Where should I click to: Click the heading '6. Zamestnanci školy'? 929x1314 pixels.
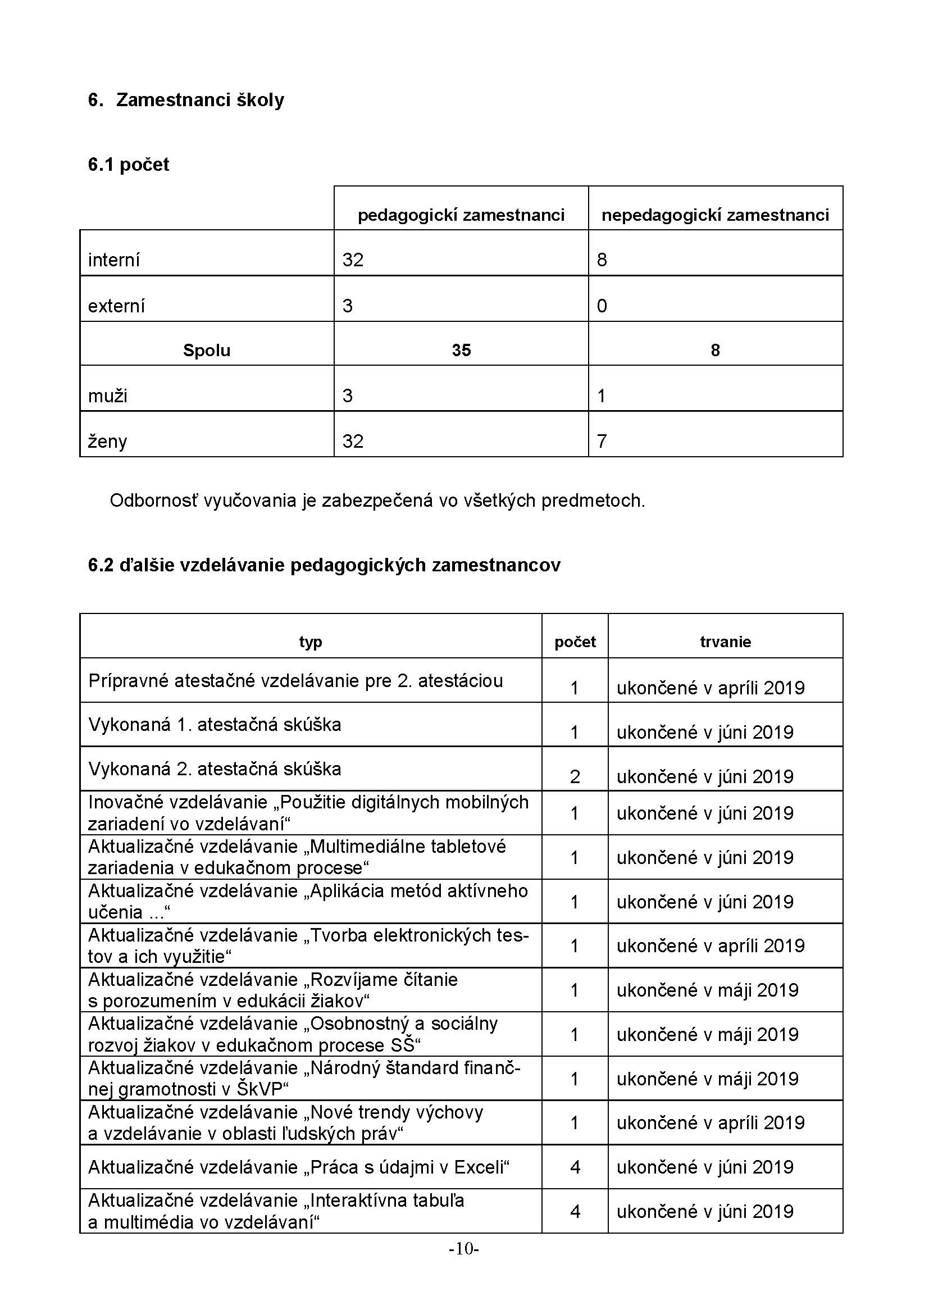pyautogui.click(x=186, y=100)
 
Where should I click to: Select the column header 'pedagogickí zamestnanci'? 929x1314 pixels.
pyautogui.click(x=461, y=215)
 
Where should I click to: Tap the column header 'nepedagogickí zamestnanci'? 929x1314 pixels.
pyautogui.click(x=715, y=215)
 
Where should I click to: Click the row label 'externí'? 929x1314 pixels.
pyautogui.click(x=116, y=306)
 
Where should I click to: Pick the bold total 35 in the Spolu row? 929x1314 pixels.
pyautogui.click(x=461, y=350)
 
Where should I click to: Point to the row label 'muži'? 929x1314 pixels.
pyautogui.click(x=107, y=395)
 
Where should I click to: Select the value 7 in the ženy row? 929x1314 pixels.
pyautogui.click(x=602, y=440)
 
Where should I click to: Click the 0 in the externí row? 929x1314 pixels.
pyautogui.click(x=602, y=306)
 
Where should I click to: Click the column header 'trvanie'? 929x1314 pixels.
pyautogui.click(x=725, y=642)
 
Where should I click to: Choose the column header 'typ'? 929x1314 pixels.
pyautogui.click(x=311, y=642)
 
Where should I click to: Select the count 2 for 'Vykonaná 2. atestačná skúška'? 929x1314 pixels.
pyautogui.click(x=575, y=776)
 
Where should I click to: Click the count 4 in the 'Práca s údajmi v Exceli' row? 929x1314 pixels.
pyautogui.click(x=575, y=1167)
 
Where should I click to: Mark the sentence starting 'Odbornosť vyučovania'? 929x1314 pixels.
pyautogui.click(x=377, y=501)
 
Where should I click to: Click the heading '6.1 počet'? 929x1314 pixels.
pyautogui.click(x=129, y=165)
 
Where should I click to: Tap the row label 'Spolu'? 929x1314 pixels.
pyautogui.click(x=207, y=350)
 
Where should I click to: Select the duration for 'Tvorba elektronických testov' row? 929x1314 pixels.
pyautogui.click(x=710, y=945)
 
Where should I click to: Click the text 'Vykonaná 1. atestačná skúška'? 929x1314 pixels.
pyautogui.click(x=215, y=725)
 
